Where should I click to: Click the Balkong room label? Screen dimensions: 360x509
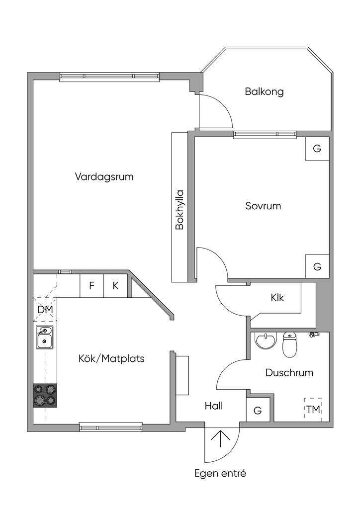[x=264, y=91]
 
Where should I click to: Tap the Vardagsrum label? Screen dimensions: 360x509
[x=104, y=177]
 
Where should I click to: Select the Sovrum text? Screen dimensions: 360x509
[x=263, y=206]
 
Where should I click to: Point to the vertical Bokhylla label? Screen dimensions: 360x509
[x=180, y=210]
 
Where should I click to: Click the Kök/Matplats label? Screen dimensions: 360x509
[x=111, y=359]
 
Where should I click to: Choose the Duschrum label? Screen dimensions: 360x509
[x=289, y=373]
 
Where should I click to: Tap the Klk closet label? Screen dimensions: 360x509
[x=277, y=297]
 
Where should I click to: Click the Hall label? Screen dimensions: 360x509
[x=214, y=406]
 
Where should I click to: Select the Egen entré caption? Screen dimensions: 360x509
[x=220, y=473]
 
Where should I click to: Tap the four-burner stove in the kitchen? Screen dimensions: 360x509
[x=45, y=395]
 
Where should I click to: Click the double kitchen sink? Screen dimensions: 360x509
[x=44, y=337]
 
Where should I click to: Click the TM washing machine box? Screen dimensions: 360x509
[x=313, y=410]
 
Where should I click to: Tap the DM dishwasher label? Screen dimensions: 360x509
[x=45, y=310]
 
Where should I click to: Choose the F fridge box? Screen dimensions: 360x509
[x=92, y=286]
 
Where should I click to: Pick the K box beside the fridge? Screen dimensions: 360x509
[x=115, y=286]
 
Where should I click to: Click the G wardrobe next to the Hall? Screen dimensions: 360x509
[x=258, y=410]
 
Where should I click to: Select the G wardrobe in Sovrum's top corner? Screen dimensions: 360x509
[x=317, y=149]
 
